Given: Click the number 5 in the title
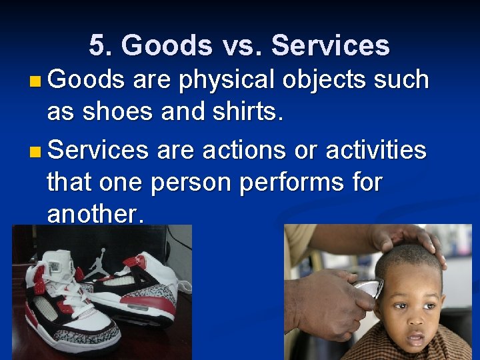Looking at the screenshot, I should pyautogui.click(x=97, y=46).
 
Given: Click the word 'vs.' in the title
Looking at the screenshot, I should pyautogui.click(x=238, y=46).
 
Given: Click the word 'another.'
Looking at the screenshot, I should pyautogui.click(x=95, y=215).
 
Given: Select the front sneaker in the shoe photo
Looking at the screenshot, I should pyautogui.click(x=67, y=307).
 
